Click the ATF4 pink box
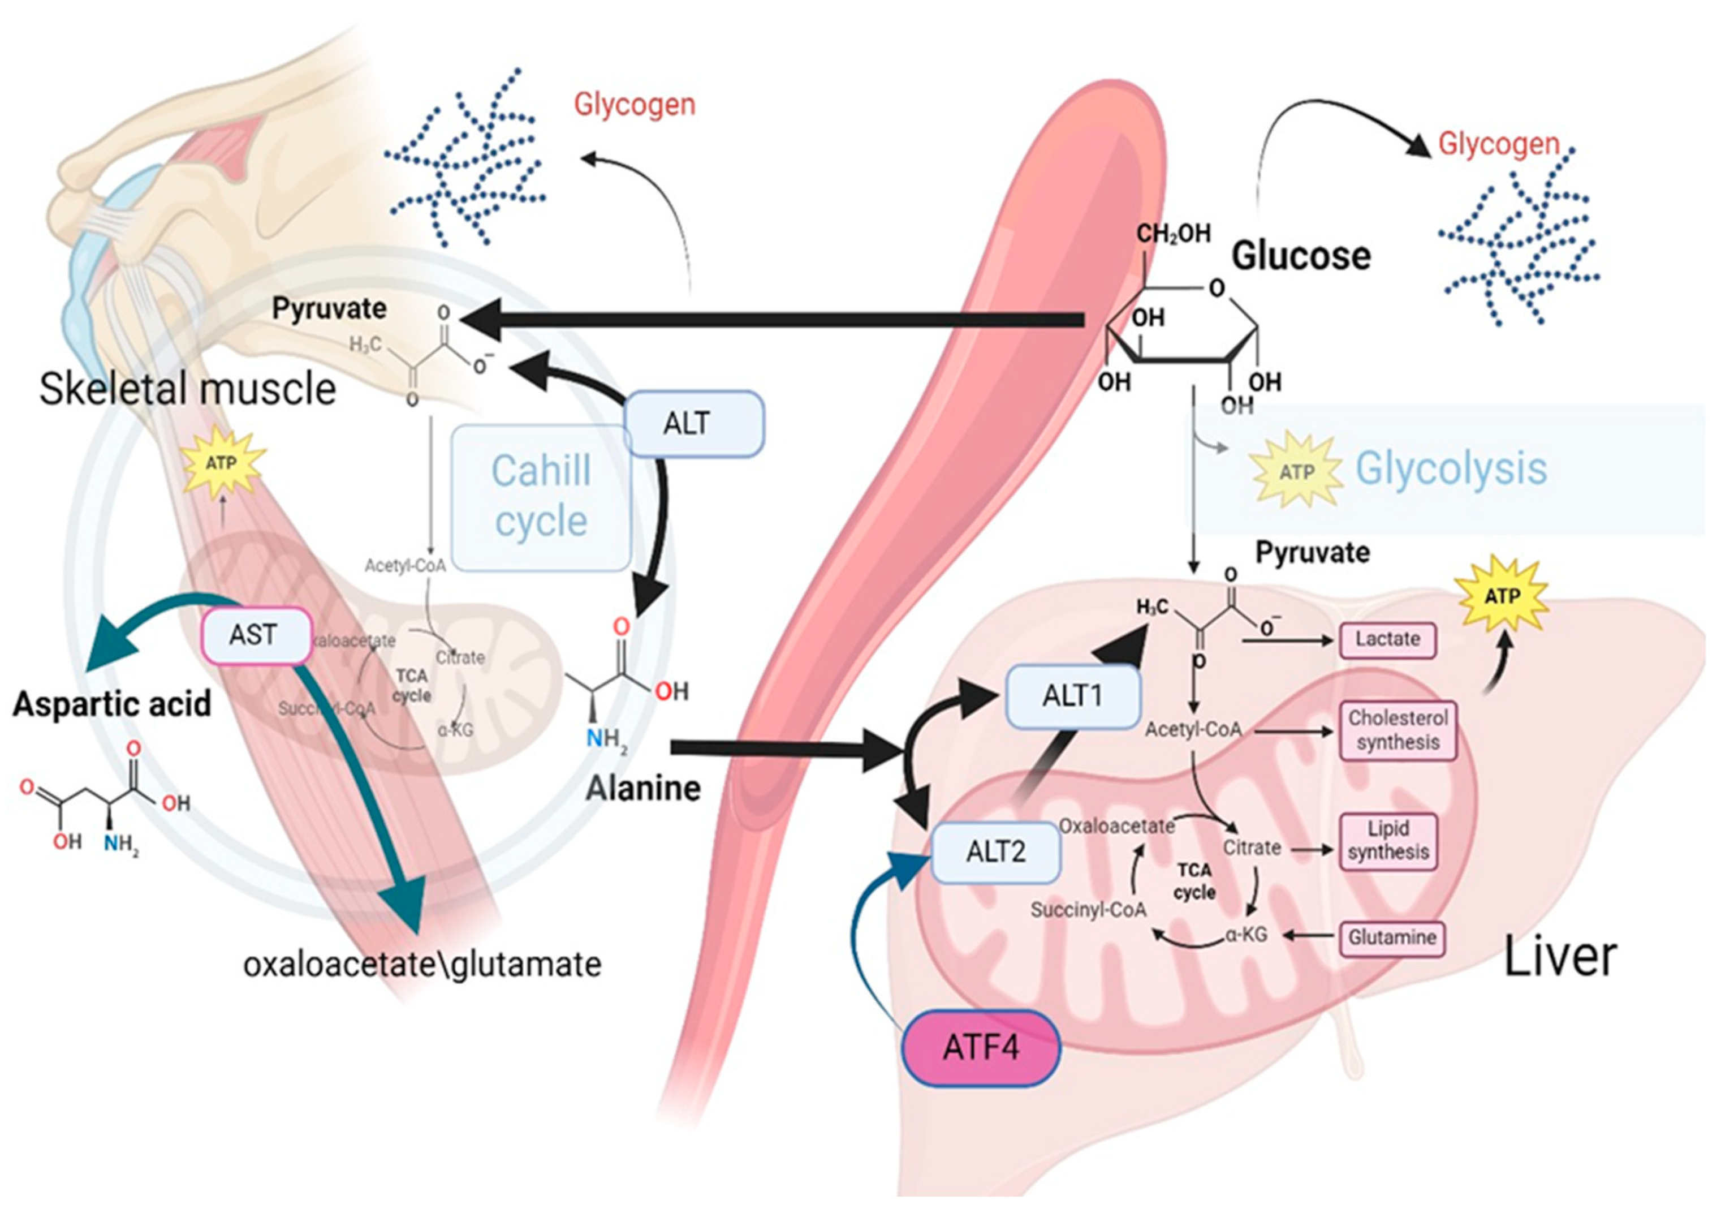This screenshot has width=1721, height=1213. tap(981, 1047)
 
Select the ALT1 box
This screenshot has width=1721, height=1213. tap(1073, 696)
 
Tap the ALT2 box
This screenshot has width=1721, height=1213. tap(995, 853)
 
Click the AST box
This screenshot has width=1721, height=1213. tap(255, 636)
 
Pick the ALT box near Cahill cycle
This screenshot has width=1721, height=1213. tap(693, 424)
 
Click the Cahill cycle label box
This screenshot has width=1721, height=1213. tap(541, 497)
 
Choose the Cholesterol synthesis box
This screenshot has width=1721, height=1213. tap(1398, 730)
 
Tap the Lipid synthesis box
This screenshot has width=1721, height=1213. tap(1388, 840)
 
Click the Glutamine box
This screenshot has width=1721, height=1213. tap(1392, 937)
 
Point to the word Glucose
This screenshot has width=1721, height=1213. tap(1301, 256)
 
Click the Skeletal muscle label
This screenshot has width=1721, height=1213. tap(187, 389)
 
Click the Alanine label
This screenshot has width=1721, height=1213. tap(643, 789)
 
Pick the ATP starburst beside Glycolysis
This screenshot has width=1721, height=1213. tap(1296, 471)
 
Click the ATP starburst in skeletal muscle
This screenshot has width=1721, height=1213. tap(222, 463)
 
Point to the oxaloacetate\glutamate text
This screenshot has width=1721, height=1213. tap(422, 965)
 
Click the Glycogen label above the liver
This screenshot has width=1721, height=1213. tap(1498, 144)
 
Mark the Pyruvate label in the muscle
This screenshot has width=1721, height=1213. tap(329, 308)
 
